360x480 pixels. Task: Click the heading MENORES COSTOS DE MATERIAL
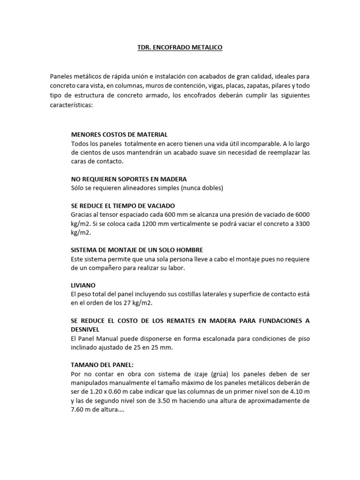pos(119,134)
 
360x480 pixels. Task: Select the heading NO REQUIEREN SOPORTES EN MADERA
pos(129,179)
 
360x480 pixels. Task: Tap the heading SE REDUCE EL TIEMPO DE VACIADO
pos(123,206)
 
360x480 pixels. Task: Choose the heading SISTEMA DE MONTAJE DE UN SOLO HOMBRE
pos(137,250)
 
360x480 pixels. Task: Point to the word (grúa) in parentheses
pos(227,374)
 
